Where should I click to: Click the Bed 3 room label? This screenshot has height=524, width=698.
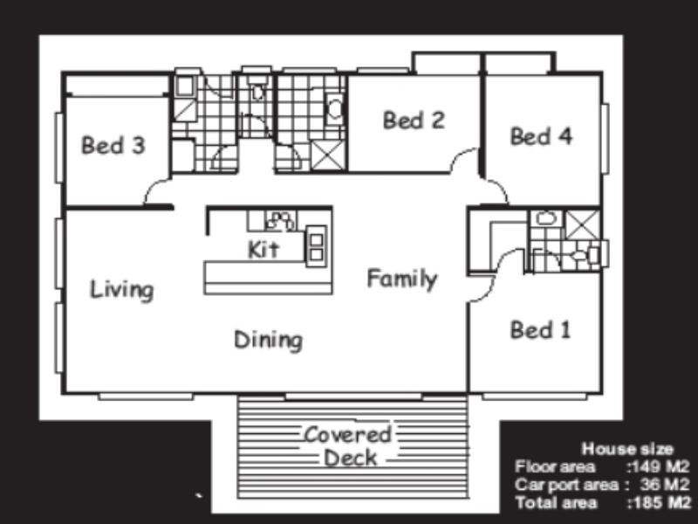click(113, 145)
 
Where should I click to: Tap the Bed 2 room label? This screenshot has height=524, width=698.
click(414, 120)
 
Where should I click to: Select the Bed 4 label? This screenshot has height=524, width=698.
click(541, 136)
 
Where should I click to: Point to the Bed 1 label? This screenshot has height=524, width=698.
click(541, 330)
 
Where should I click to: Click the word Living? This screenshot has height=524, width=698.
click(122, 289)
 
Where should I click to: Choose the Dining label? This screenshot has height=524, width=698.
click(268, 340)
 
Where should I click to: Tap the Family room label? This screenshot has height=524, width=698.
click(401, 279)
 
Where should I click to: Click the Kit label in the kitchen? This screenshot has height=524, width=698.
click(263, 250)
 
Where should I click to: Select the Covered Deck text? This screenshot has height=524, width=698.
click(349, 445)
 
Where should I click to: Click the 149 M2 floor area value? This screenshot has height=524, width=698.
click(659, 466)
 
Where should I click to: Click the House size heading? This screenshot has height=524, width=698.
click(627, 449)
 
